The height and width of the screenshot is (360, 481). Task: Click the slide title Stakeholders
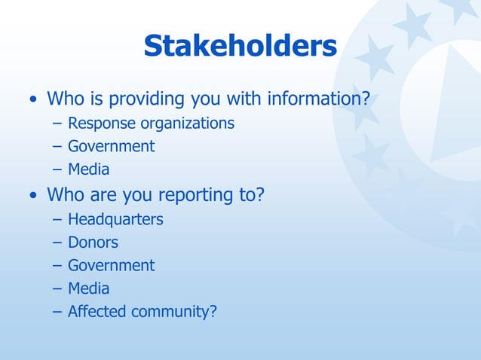point(240,47)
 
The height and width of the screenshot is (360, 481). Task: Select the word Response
point(99,123)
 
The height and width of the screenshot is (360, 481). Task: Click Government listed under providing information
point(111,146)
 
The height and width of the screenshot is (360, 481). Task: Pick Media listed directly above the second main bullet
point(88,169)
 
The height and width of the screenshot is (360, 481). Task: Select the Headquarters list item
point(115,219)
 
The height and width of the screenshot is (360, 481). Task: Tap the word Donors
point(93,243)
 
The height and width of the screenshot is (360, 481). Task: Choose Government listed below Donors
point(111,265)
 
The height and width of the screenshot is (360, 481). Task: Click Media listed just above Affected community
point(88,288)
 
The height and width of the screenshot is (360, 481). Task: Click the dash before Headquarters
point(57,220)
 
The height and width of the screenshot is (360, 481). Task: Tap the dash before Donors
point(57,243)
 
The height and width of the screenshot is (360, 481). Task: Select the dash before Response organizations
point(57,124)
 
